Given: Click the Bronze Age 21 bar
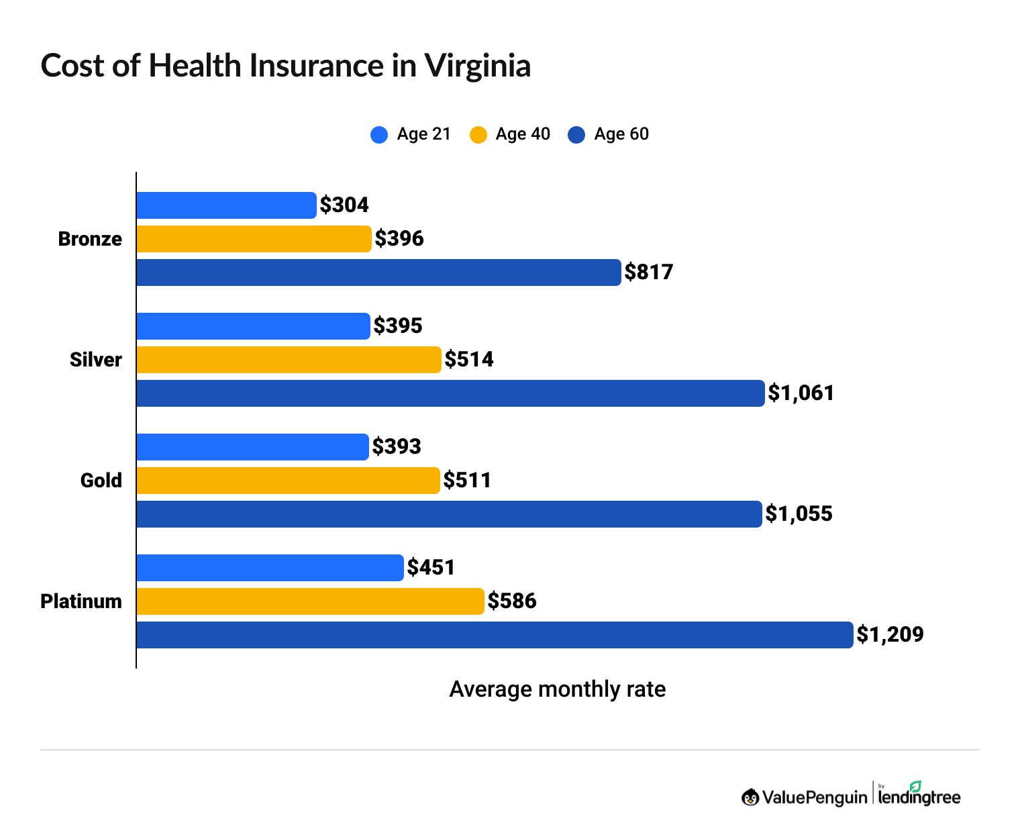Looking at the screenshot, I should coord(226,205).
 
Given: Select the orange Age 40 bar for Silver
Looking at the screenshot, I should coord(289,360).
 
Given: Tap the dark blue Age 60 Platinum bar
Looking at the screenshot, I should coord(495,635).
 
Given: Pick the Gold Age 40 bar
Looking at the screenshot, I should coord(288,481).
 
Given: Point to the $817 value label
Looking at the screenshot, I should coord(648,273).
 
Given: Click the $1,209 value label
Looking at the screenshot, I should coord(890,635).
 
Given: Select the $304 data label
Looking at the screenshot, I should coord(344,205).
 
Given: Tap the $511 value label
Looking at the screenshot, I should coord(467,481).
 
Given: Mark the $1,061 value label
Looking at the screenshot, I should coord(801,393).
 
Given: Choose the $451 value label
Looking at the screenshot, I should coord(431,568).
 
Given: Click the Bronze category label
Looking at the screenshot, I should coord(90,239).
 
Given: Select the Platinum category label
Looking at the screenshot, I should coord(81,601).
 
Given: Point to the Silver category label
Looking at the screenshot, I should coord(96,360).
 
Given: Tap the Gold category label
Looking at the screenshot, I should coord(101,481).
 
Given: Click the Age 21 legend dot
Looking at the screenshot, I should coord(379,135).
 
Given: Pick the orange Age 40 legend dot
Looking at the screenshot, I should coord(478,135).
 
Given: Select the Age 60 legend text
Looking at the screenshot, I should coord(621,134).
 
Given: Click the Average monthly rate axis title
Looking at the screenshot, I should coord(557,689).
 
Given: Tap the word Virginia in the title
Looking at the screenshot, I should coord(477,66).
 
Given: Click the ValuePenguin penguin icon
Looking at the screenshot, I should coord(750,797).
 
